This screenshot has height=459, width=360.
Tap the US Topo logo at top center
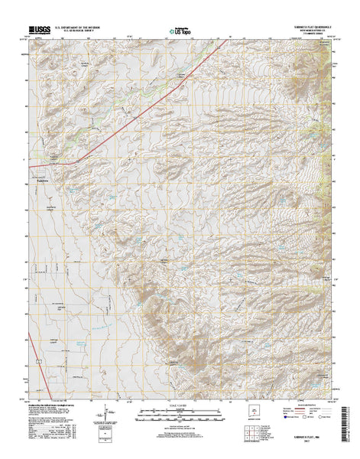(180, 31)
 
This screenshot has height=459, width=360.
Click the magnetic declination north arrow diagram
(102, 419)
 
